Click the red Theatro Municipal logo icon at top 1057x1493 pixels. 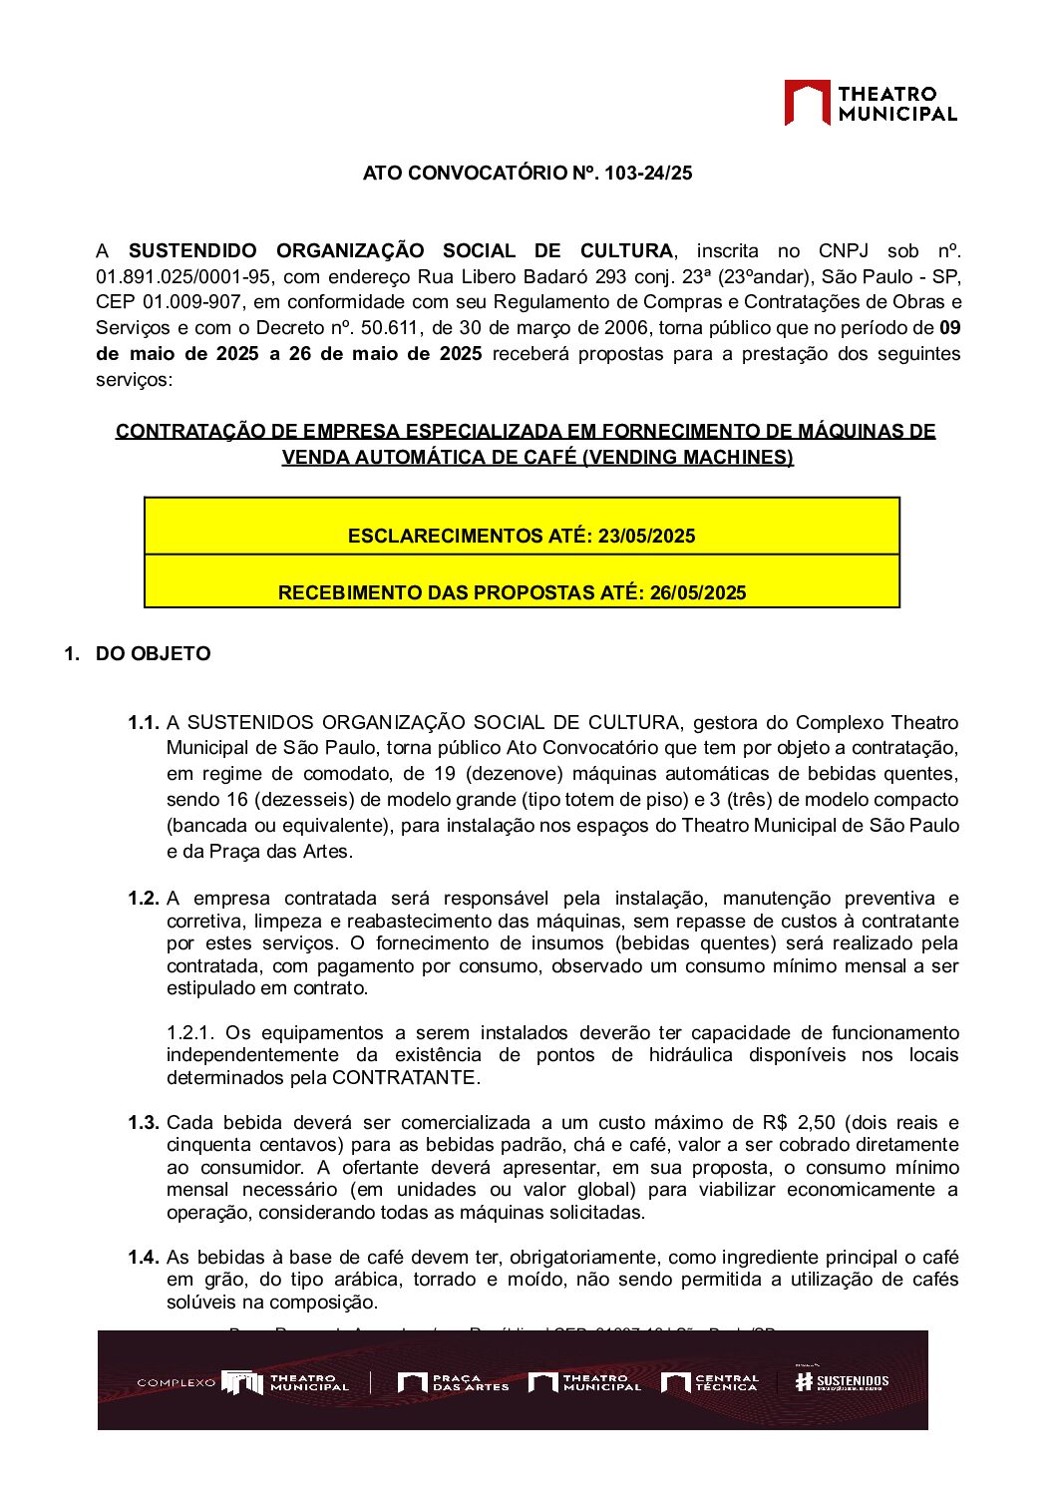807,103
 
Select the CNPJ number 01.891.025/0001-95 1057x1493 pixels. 183,276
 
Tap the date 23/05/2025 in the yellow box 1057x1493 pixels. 646,537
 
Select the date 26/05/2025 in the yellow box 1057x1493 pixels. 698,593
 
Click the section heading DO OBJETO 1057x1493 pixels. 154,654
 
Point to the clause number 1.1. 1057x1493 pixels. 144,723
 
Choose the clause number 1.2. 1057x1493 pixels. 144,899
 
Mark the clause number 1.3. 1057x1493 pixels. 144,1123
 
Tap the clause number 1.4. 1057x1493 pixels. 144,1258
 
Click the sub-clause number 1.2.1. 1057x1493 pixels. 190,1033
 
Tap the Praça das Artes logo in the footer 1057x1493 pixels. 453,1382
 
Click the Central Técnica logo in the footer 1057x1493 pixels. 710,1382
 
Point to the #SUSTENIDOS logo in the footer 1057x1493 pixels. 842,1381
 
